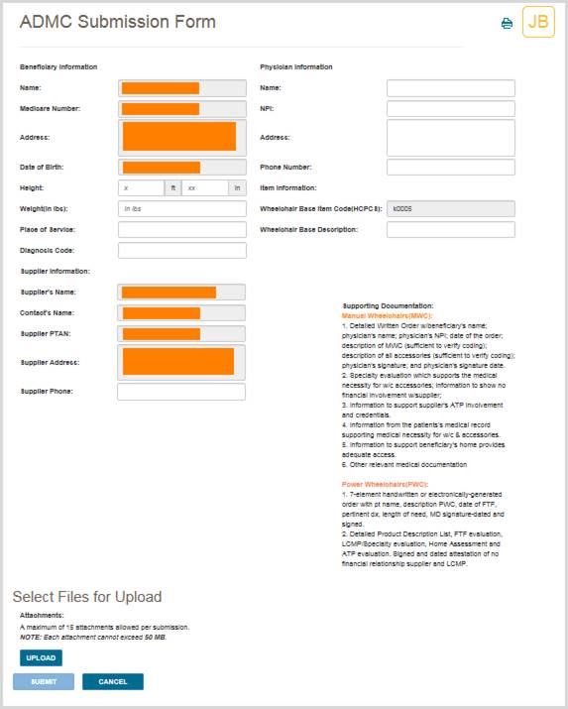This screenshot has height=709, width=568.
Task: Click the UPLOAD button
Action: (x=41, y=657)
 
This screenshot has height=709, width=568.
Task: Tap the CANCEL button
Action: (x=112, y=681)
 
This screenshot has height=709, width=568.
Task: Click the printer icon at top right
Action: (x=507, y=23)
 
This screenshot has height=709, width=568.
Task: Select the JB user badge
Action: (x=538, y=22)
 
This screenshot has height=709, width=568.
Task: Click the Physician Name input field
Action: (x=450, y=88)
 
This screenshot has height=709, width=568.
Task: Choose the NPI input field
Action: (x=450, y=108)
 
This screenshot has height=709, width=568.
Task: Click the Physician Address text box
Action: (x=450, y=137)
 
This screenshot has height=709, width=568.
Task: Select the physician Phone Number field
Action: (x=450, y=167)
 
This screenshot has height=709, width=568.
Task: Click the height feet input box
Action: (x=141, y=187)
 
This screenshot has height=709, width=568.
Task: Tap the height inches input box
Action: (x=205, y=187)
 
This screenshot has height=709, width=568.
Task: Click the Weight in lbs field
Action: (x=181, y=209)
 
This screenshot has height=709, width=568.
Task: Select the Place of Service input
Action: (x=181, y=230)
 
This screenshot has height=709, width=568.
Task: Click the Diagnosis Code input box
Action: (x=181, y=250)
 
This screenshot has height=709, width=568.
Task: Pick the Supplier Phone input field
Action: (x=181, y=392)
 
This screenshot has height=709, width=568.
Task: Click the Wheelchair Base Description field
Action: (x=450, y=230)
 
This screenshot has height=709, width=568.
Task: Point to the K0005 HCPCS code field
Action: (x=450, y=209)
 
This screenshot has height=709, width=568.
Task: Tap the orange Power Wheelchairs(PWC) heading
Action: (x=379, y=484)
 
